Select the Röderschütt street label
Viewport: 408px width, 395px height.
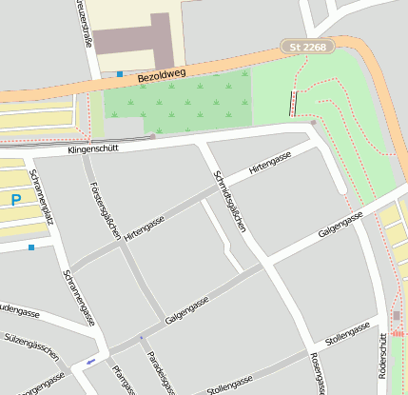(x=381, y=361)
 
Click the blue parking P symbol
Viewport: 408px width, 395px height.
(x=15, y=200)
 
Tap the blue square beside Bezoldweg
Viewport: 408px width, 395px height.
(x=120, y=73)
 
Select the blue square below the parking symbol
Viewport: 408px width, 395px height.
(x=31, y=247)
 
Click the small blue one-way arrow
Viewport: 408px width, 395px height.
(x=90, y=362)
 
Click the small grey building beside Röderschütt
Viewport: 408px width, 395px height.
(x=397, y=315)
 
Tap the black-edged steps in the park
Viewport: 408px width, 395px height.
(x=292, y=102)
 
